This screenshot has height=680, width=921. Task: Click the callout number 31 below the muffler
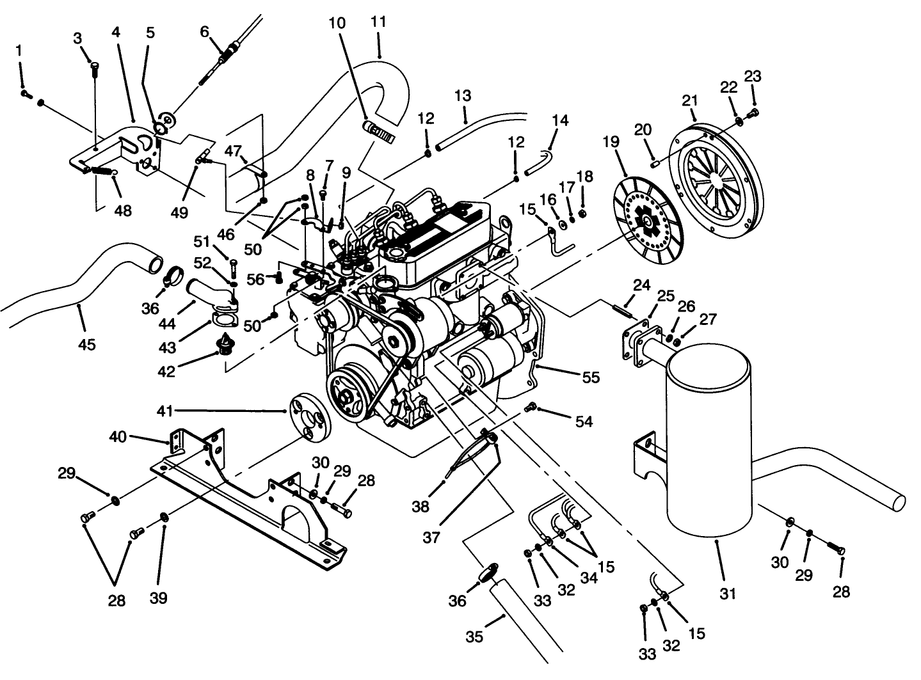click(728, 594)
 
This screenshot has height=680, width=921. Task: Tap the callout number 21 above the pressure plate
click(689, 100)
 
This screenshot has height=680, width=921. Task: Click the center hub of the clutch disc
click(648, 221)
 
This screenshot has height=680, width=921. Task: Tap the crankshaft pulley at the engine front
click(349, 395)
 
